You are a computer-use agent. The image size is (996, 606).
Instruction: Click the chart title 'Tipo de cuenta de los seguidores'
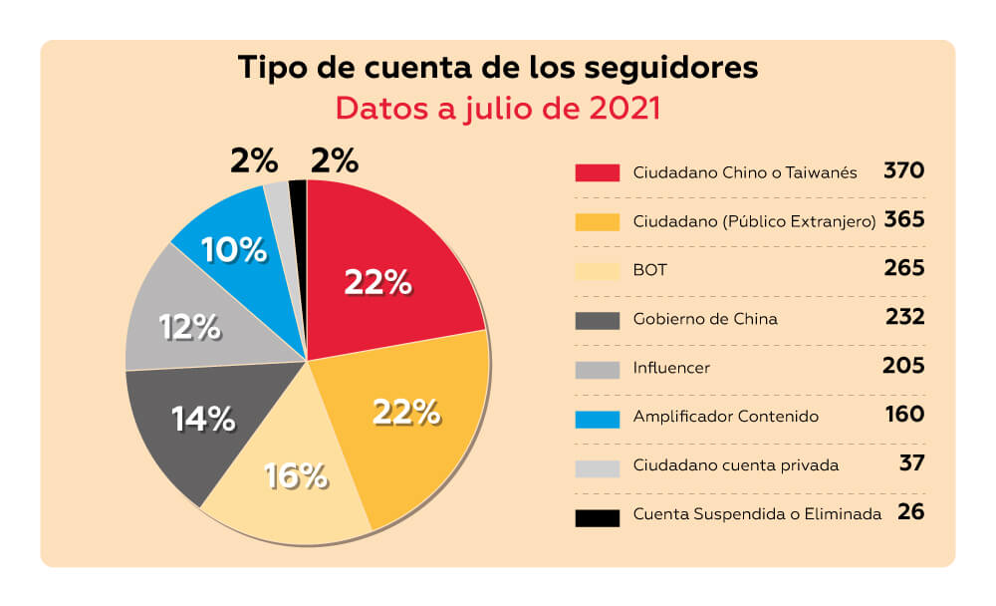point(498,69)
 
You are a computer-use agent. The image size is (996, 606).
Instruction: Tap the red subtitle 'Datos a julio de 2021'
point(498,108)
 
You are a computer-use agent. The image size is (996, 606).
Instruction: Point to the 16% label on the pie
point(296,476)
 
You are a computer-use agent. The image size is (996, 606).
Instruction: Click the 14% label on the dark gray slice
point(203,419)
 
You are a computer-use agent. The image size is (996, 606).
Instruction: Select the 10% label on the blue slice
point(234,250)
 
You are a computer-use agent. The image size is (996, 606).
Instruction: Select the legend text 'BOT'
point(648,269)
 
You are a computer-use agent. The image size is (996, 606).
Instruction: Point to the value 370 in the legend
point(904,170)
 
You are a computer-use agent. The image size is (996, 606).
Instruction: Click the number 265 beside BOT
point(904,268)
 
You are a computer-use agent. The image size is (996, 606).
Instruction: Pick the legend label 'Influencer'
point(671,368)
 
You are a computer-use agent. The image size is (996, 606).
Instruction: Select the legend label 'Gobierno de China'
point(705,319)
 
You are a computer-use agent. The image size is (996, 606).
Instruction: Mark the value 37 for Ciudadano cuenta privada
point(911,463)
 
